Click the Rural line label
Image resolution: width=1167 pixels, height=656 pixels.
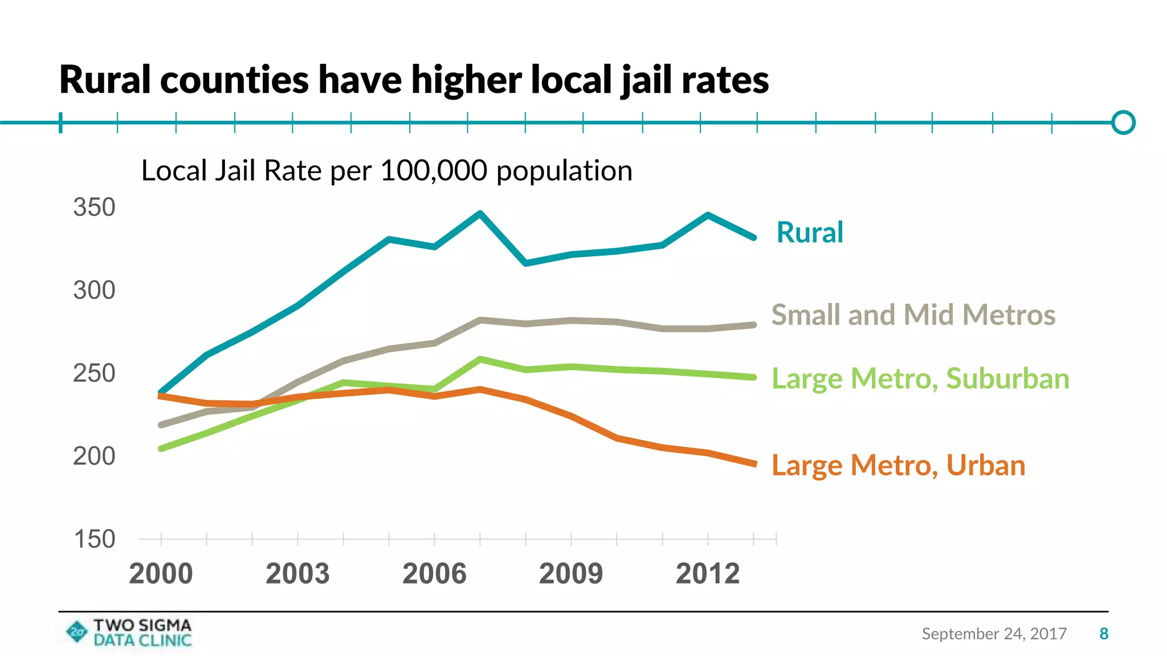tap(809, 232)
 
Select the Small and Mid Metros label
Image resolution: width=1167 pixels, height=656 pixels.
tap(913, 315)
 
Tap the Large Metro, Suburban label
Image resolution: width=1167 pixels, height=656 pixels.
tap(920, 379)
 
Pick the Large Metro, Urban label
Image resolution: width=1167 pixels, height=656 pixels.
tap(898, 465)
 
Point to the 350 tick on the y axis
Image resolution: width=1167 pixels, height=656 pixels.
tap(94, 207)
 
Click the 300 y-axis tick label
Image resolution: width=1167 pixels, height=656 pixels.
tap(94, 290)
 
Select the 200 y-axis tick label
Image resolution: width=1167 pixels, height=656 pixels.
tap(94, 456)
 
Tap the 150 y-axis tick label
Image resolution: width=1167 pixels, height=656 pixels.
tap(94, 539)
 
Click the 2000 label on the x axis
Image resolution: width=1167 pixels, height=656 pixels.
tap(161, 573)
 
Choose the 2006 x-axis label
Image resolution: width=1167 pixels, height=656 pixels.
tap(434, 573)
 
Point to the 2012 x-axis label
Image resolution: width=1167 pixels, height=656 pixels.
tap(708, 573)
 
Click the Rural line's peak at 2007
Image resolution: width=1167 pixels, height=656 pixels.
tap(480, 214)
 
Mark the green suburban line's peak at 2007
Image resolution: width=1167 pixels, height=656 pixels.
tap(480, 359)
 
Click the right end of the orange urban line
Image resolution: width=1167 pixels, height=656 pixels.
tap(754, 464)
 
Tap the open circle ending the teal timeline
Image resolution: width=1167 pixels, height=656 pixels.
tap(1123, 122)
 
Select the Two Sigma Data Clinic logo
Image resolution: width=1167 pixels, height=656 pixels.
tap(129, 633)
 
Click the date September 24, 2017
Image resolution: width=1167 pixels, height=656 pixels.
tap(994, 634)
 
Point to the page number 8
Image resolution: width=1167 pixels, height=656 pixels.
tap(1104, 634)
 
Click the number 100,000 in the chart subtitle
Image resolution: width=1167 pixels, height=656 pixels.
tap(433, 171)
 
